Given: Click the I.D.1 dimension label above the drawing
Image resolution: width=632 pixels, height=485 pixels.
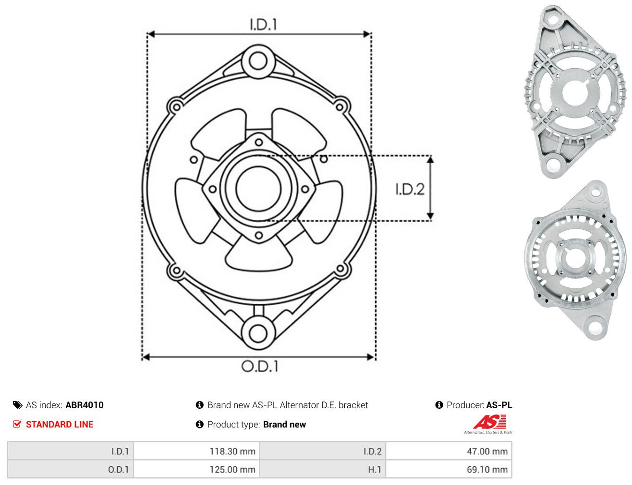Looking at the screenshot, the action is pyautogui.click(x=263, y=24).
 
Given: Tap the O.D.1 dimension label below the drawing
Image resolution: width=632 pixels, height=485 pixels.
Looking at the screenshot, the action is pyautogui.click(x=259, y=366).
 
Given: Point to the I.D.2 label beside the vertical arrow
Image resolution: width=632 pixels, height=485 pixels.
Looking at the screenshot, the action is pyautogui.click(x=410, y=189).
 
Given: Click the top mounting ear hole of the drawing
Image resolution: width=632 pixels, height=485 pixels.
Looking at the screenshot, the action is pyautogui.click(x=258, y=61).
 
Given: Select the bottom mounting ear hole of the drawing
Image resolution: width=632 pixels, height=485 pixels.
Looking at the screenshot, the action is pyautogui.click(x=258, y=333).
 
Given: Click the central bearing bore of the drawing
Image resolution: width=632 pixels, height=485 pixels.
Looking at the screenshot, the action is pyautogui.click(x=258, y=189).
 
